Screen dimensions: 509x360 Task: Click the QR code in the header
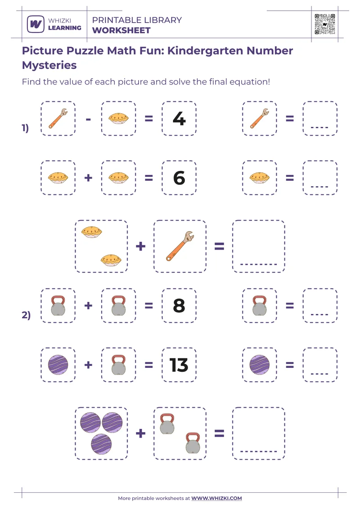click(325, 24)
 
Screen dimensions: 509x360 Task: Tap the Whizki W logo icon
click(35, 24)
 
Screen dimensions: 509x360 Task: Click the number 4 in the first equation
click(179, 119)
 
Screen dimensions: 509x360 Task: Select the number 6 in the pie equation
click(179, 178)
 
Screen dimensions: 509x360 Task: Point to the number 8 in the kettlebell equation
click(179, 306)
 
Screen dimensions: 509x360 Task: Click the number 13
click(179, 365)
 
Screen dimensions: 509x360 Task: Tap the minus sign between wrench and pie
click(88, 119)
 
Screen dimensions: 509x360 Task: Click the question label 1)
click(25, 128)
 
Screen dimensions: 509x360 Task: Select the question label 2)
click(25, 315)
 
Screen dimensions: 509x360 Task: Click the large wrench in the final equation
click(180, 246)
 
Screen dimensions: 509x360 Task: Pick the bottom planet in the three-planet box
click(101, 444)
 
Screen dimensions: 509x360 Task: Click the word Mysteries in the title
click(49, 65)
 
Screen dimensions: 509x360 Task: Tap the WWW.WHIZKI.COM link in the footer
click(216, 498)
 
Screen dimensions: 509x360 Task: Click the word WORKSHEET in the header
click(121, 31)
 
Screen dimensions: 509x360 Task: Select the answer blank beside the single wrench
click(319, 120)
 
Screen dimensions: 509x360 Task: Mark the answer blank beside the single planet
click(319, 365)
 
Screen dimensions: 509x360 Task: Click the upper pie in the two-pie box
click(92, 232)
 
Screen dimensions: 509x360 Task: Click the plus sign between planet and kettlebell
click(88, 365)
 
